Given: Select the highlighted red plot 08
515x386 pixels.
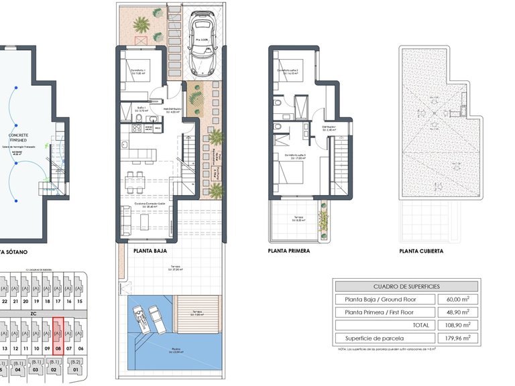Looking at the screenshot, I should (58, 334).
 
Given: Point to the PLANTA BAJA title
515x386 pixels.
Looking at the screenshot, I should (150, 251).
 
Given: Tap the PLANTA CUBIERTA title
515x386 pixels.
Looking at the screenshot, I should (421, 251).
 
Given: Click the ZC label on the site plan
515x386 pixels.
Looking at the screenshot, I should (34, 313).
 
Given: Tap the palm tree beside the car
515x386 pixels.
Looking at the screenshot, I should (142, 26).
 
